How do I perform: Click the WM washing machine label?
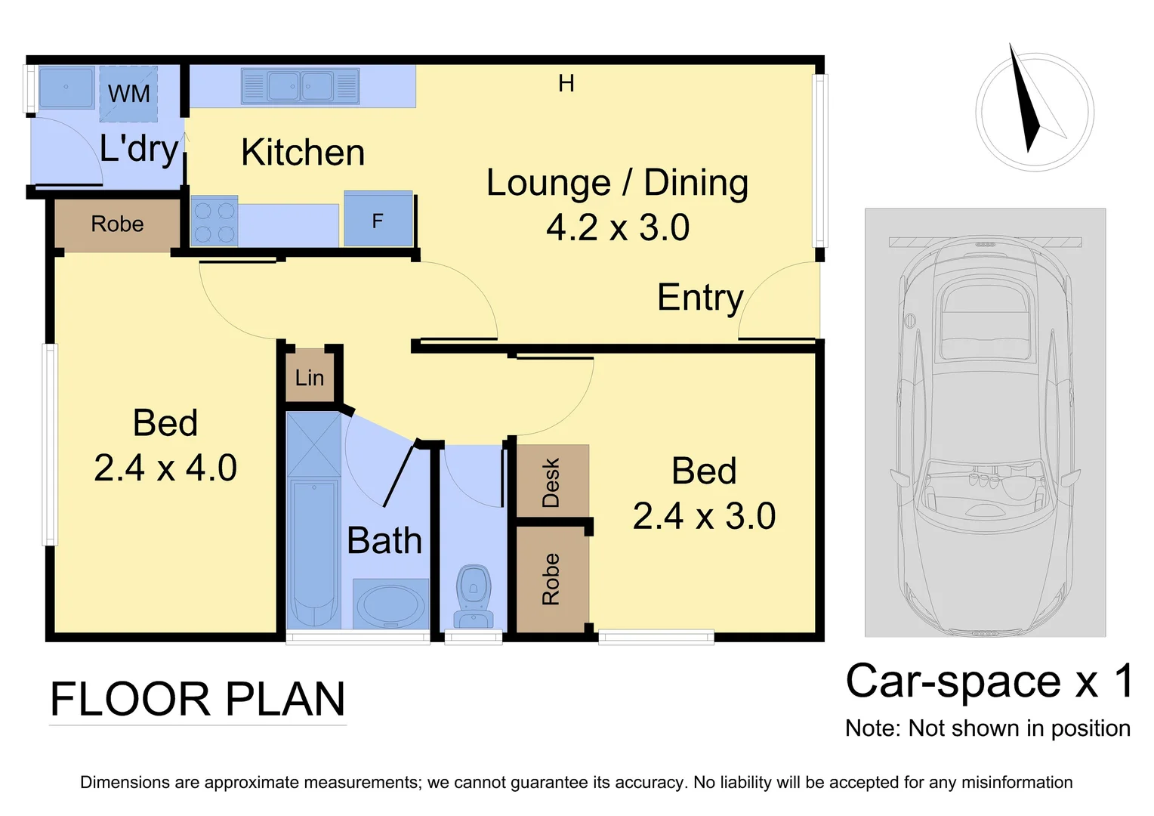pyautogui.click(x=128, y=94)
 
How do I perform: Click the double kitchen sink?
pyautogui.click(x=301, y=86)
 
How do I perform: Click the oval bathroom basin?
pyautogui.click(x=390, y=604)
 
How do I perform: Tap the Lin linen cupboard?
pyautogui.click(x=310, y=377)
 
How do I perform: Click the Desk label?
pyautogui.click(x=551, y=482)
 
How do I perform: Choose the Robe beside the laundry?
pyautogui.click(x=117, y=224)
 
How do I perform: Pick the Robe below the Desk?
pyautogui.click(x=551, y=580)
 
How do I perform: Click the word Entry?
pyautogui.click(x=700, y=297)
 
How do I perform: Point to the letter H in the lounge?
pyautogui.click(x=566, y=83)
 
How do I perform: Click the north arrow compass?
pyautogui.click(x=1034, y=111)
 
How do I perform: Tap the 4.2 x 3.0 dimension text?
pyautogui.click(x=618, y=227)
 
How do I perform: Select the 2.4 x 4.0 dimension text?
pyautogui.click(x=165, y=468)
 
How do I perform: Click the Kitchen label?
pyautogui.click(x=303, y=153)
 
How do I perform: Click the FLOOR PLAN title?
pyautogui.click(x=197, y=699)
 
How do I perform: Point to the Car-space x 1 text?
pyautogui.click(x=989, y=681)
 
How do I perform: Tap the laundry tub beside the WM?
pyautogui.click(x=66, y=87)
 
